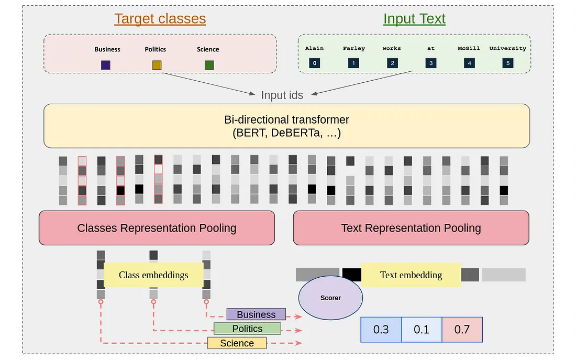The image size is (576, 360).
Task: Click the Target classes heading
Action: click(x=160, y=19)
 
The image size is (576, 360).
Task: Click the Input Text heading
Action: click(x=414, y=19)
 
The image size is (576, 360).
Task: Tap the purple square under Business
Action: click(x=106, y=65)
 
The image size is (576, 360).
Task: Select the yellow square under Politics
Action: click(x=157, y=65)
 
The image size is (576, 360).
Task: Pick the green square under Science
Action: click(x=209, y=65)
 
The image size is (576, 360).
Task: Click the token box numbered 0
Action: click(x=314, y=63)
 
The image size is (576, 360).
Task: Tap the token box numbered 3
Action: click(x=430, y=63)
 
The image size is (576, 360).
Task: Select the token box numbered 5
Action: click(x=507, y=63)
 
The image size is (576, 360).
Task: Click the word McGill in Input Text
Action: click(x=469, y=48)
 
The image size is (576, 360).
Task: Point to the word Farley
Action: click(x=353, y=48)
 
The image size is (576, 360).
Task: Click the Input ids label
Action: click(x=282, y=95)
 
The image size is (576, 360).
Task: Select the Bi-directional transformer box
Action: click(x=286, y=126)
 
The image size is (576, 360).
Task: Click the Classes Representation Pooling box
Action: click(x=157, y=228)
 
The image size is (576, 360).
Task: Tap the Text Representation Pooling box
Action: click(x=411, y=228)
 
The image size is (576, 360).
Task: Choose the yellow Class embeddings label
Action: click(x=153, y=275)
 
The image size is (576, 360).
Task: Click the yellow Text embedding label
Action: click(x=411, y=275)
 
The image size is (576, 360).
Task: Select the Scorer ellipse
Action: click(x=330, y=298)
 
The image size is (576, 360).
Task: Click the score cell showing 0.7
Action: click(x=462, y=330)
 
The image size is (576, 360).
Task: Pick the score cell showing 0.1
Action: click(x=422, y=330)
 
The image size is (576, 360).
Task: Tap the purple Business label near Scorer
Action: click(x=256, y=314)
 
